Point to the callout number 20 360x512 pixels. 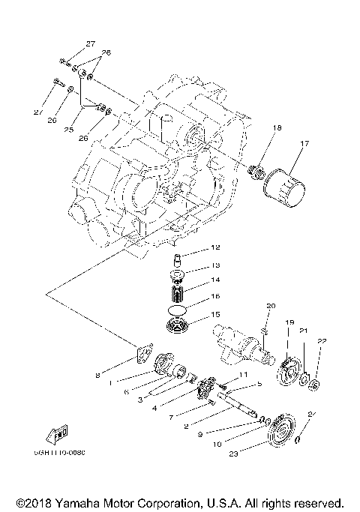(x=271, y=306)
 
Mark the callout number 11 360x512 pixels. (x=242, y=374)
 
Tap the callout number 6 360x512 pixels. (x=125, y=391)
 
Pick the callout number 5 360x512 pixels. (x=259, y=385)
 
